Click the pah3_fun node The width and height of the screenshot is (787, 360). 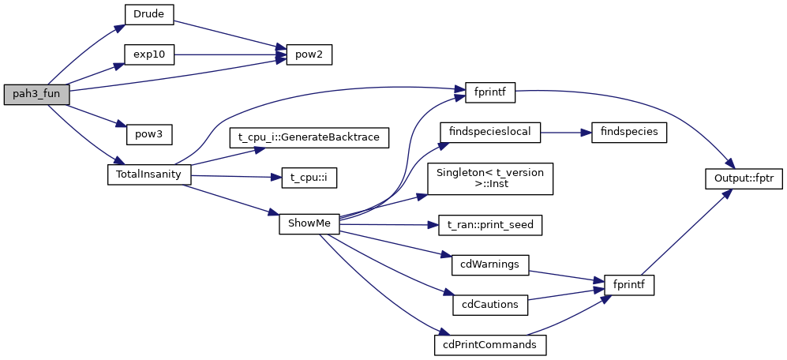click(37, 93)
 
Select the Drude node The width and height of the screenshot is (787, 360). click(148, 13)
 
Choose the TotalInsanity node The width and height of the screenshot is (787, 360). click(148, 174)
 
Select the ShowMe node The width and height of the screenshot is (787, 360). click(309, 223)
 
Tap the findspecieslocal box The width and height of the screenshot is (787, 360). click(489, 131)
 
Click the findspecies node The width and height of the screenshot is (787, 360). click(628, 131)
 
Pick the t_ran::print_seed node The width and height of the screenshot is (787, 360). click(490, 224)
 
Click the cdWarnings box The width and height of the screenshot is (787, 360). click(489, 264)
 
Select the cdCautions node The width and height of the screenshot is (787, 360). click(489, 304)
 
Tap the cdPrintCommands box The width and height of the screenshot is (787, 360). click(490, 344)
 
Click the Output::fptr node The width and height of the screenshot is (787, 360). click(743, 178)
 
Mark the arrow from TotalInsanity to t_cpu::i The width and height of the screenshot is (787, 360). click(237, 176)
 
